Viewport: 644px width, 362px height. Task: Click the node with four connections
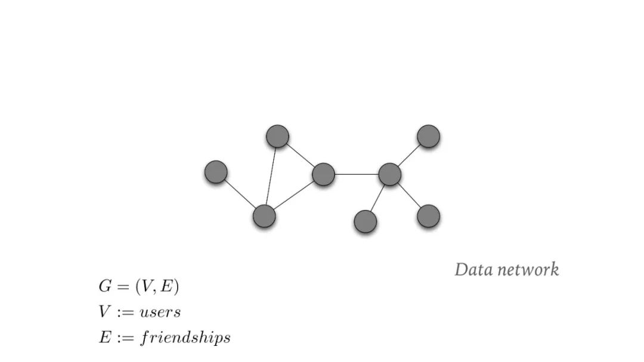tap(389, 174)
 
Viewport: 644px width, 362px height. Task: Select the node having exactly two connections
tap(277, 137)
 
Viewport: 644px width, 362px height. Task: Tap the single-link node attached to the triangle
tap(216, 172)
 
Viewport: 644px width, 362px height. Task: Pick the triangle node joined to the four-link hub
tap(323, 174)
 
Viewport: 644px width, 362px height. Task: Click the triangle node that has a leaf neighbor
tap(264, 216)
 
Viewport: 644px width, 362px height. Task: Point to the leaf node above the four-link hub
tap(428, 136)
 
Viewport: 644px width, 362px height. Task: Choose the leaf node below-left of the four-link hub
tap(365, 221)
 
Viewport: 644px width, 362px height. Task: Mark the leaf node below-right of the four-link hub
tap(428, 216)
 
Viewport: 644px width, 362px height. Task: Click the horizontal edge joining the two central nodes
tap(357, 174)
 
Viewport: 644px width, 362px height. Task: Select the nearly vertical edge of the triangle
tap(271, 177)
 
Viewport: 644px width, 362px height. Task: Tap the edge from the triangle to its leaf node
tap(240, 194)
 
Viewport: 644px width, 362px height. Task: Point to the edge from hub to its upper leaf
tap(408, 155)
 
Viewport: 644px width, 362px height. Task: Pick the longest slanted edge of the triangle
tap(294, 195)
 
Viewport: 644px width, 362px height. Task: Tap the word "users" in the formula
tap(160, 312)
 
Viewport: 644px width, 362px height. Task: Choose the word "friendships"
tap(185, 338)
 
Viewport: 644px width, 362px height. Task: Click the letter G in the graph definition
tap(106, 286)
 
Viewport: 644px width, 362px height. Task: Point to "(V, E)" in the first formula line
tap(157, 286)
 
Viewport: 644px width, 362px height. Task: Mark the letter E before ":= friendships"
tap(105, 338)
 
